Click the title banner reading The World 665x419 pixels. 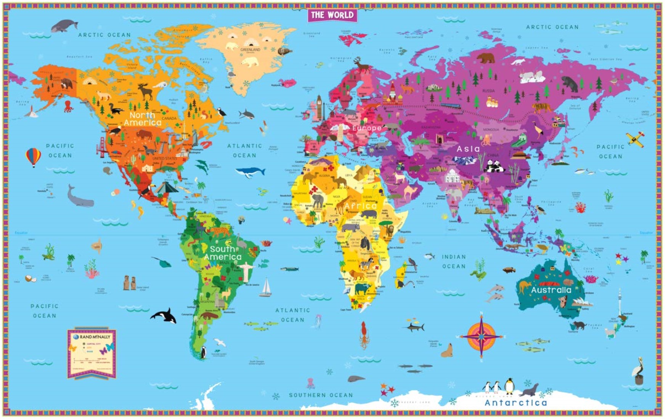pos(332,15)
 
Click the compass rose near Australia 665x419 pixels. pos(482,336)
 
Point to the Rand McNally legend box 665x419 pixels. pos(92,353)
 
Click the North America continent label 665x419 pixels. pos(143,119)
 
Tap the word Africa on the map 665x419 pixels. pos(360,206)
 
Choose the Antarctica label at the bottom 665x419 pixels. pos(516,403)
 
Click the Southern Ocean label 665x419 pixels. pos(321,395)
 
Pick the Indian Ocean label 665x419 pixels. pos(454,261)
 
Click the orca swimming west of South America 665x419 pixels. pos(164,315)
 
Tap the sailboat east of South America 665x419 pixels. pos(266,288)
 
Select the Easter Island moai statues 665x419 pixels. pos(130,282)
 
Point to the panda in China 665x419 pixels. pos(495,166)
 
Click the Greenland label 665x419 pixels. pos(250,50)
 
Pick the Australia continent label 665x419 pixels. pos(551,290)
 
